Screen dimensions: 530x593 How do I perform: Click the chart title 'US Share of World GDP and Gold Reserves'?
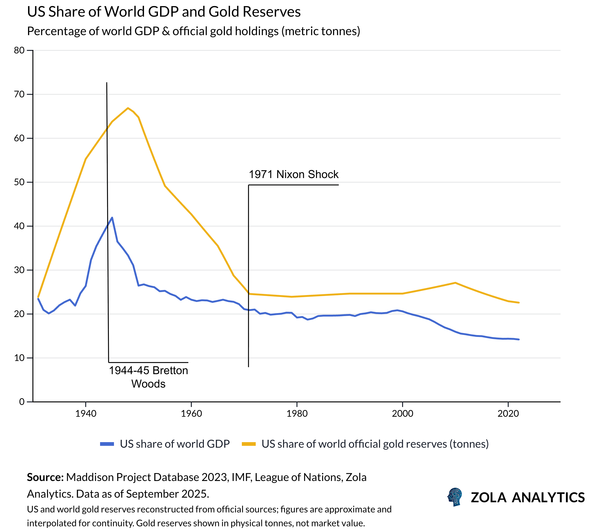coord(164,12)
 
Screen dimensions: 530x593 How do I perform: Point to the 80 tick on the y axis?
coord(19,50)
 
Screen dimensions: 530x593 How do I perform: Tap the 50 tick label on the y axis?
coord(19,182)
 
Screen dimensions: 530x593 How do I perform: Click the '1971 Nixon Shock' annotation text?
coord(293,174)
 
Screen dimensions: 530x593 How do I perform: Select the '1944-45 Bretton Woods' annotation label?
coord(148,377)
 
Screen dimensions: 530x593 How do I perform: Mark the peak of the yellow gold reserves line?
coord(128,108)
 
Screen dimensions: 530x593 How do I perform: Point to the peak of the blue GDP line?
coord(112,218)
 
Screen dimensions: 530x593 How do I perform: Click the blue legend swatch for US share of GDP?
coord(107,444)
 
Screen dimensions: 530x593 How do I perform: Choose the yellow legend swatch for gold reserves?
coord(249,444)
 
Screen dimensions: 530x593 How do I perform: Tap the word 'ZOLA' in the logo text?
coord(489,498)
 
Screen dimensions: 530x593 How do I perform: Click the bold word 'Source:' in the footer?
coord(45,478)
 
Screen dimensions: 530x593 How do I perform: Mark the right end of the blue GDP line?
coord(519,339)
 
